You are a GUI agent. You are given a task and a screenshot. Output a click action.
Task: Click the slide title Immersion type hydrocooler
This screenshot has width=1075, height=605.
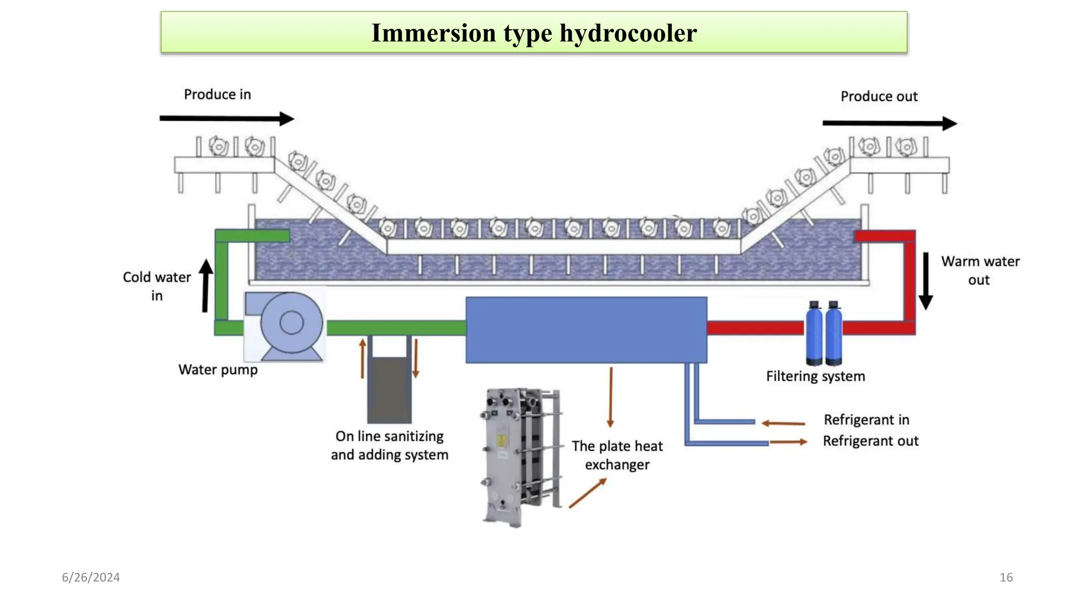click(534, 33)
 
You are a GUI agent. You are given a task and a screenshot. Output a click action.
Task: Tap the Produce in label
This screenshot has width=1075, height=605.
click(217, 95)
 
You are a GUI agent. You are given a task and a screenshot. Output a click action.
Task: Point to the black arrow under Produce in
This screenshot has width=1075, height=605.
click(226, 119)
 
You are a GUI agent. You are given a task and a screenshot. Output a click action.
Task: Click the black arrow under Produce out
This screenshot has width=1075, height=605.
click(889, 123)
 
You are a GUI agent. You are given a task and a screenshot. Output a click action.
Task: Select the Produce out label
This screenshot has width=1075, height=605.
click(879, 97)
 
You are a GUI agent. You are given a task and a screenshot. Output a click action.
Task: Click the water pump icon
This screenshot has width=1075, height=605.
click(285, 325)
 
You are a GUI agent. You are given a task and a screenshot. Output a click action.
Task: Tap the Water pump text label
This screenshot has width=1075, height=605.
click(218, 370)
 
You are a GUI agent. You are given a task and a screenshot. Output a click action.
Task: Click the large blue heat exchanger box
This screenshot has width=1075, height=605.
click(586, 330)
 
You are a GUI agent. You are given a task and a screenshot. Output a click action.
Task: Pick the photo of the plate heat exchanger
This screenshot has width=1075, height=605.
click(521, 457)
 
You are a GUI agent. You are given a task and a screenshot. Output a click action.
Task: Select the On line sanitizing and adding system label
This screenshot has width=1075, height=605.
click(389, 445)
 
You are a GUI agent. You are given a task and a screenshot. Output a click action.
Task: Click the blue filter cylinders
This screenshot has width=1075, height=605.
click(824, 334)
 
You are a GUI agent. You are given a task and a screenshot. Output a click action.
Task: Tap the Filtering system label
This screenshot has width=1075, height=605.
click(815, 376)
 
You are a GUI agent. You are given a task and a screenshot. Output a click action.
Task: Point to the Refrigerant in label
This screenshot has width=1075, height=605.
click(866, 420)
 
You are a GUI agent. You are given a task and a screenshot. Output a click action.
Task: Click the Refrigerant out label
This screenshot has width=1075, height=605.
click(870, 441)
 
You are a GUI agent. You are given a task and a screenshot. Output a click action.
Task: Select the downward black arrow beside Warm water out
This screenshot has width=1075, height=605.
click(926, 281)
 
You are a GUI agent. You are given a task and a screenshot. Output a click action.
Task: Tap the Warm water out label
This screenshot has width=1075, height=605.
click(979, 270)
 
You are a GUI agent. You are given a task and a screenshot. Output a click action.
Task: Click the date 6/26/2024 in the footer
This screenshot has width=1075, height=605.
click(91, 577)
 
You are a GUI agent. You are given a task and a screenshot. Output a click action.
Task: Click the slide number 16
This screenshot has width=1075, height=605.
click(1006, 577)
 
